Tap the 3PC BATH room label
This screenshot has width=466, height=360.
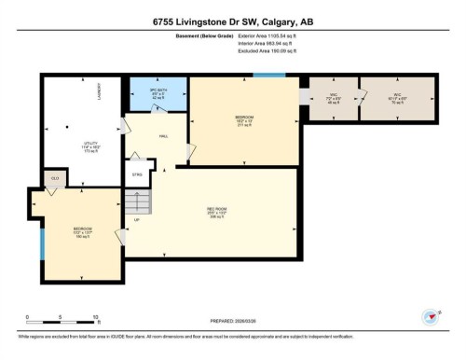[158, 95]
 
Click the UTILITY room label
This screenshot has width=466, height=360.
[64, 145]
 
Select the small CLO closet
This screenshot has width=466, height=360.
[54, 177]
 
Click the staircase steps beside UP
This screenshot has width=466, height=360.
[137, 202]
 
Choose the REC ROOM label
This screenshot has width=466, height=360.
[217, 211]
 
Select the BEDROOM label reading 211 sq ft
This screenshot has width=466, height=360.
[244, 119]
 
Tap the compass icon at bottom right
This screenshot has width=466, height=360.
[431, 317]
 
